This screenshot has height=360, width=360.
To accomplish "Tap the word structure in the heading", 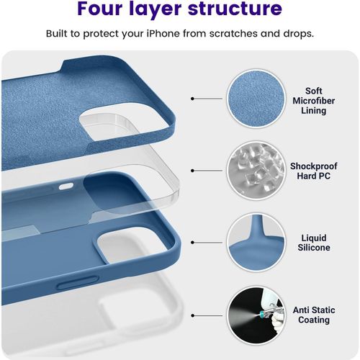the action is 235,9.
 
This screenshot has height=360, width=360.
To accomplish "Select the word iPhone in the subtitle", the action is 163,33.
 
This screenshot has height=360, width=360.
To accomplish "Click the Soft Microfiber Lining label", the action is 313,101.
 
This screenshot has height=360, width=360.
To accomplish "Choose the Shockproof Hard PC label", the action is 313,171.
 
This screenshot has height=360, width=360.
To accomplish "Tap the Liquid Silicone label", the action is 314,243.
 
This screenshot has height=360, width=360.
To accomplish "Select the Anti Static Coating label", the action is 314,315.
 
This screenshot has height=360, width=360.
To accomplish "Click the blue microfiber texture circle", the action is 256,99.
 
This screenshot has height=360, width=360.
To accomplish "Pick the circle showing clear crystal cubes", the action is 256,171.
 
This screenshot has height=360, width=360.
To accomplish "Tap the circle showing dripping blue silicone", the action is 256,243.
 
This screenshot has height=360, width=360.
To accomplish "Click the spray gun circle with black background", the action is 256,315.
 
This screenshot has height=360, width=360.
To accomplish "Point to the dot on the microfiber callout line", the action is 192,99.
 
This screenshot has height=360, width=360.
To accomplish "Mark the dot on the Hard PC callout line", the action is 192,171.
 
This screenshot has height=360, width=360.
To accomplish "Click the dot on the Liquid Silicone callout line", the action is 192,243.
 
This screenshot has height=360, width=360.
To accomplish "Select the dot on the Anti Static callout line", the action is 192,315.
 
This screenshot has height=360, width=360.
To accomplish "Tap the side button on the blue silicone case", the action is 78,283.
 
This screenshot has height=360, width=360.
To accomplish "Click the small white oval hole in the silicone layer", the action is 66,186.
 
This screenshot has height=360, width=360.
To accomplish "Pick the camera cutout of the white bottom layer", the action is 135,315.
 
